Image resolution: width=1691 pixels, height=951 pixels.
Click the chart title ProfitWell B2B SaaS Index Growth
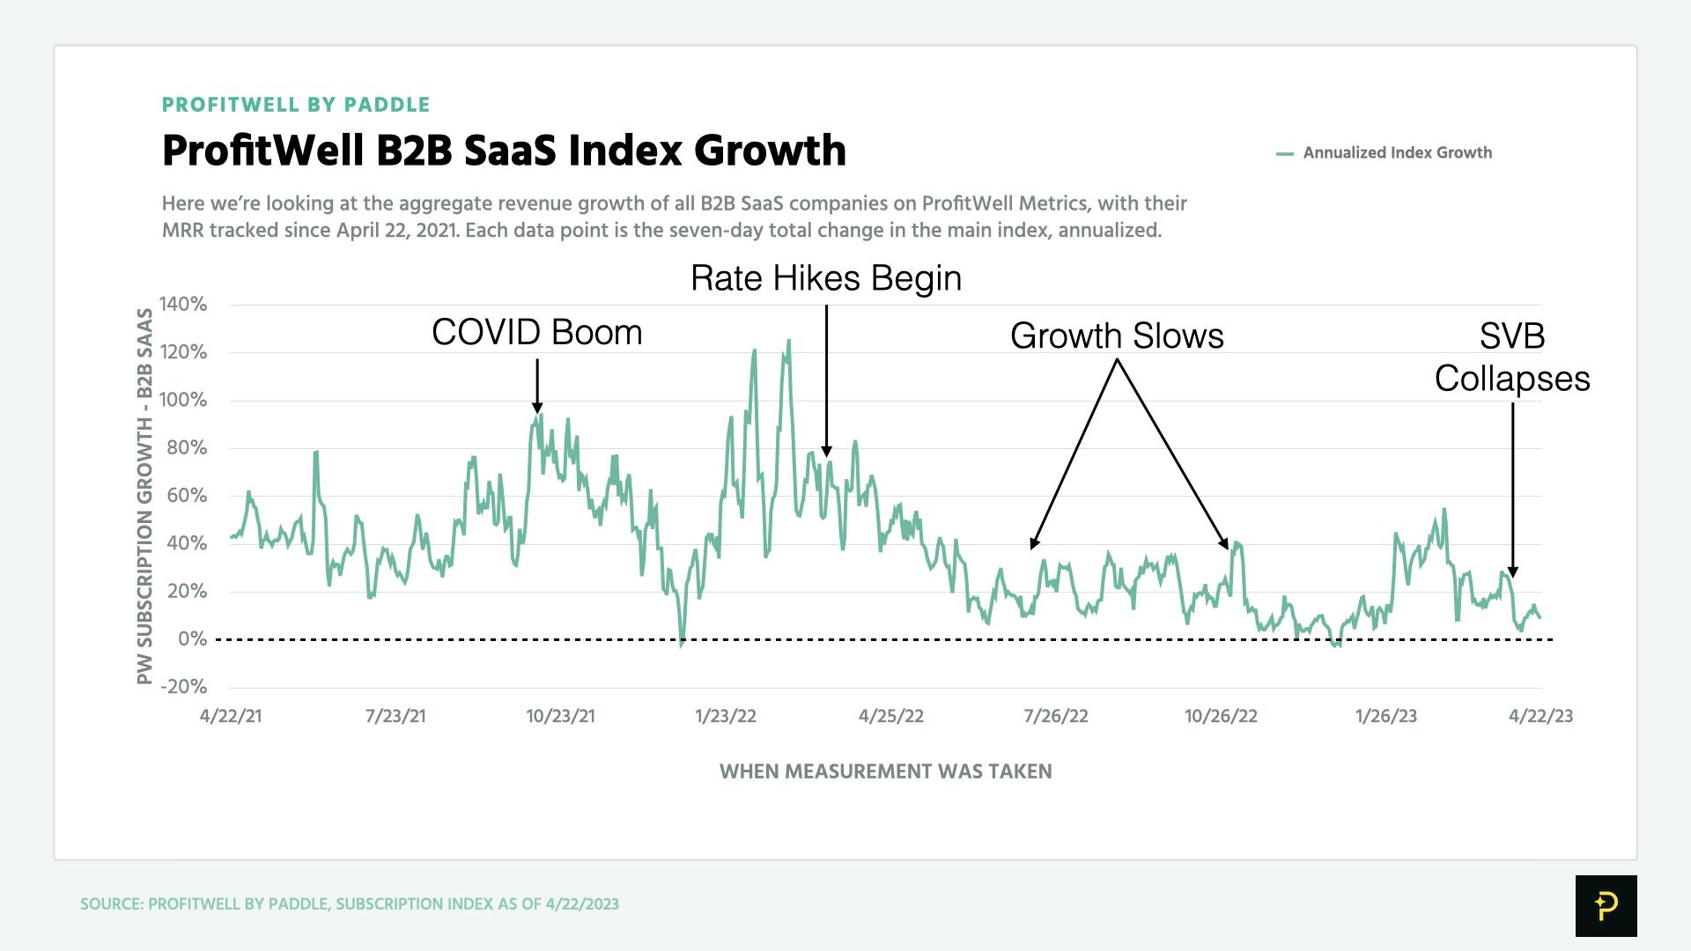[504, 151]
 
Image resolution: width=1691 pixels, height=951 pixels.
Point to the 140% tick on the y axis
[183, 305]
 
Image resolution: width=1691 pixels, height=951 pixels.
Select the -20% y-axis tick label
[183, 687]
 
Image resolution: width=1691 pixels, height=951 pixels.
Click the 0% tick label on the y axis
[192, 639]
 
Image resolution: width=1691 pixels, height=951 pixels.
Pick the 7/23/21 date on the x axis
[395, 716]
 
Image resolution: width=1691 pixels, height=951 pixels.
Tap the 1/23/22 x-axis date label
[726, 716]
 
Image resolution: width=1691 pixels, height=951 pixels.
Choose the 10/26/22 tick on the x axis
[1221, 716]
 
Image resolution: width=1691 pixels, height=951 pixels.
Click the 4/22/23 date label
[1540, 716]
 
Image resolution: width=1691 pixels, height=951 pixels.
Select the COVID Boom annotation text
[537, 333]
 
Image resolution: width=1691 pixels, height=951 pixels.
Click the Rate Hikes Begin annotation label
[826, 278]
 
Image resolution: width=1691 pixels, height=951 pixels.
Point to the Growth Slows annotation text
[1117, 336]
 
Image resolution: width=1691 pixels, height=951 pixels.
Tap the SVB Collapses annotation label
[1512, 358]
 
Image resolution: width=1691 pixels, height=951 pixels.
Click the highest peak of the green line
[788, 341]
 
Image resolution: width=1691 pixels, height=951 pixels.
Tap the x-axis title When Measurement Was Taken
[885, 772]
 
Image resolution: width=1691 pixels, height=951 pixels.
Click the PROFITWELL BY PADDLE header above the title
[296, 105]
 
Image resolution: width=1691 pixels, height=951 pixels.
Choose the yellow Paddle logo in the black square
[1606, 905]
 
